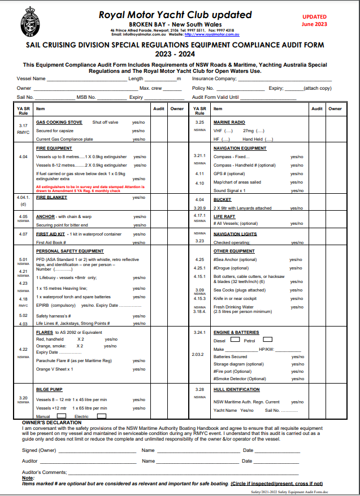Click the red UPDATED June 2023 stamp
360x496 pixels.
point(314,21)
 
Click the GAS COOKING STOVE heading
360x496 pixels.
point(59,122)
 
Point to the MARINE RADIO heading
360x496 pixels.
point(229,122)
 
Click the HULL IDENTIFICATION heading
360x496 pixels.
point(236,389)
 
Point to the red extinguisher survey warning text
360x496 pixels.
point(90,188)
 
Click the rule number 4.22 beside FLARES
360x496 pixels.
point(23,349)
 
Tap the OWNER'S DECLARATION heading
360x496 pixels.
point(51,423)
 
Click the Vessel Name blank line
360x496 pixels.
point(87,80)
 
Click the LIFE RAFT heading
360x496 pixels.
point(224,216)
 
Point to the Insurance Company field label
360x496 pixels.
point(217,79)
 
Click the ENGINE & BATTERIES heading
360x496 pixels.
point(236,332)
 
